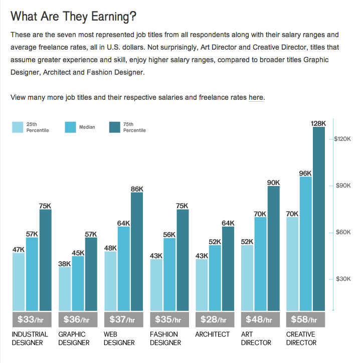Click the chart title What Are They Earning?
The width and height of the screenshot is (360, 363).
73,17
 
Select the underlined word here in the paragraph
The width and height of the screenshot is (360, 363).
256,97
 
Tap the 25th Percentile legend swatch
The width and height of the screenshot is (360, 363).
18,127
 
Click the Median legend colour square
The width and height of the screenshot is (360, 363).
71,127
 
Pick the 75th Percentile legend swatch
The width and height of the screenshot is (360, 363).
115,127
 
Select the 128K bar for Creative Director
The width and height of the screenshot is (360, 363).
319,219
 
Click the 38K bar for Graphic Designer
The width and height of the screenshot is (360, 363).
65,288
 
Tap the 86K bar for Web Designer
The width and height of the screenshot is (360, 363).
137,251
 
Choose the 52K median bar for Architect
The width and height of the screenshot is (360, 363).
215,278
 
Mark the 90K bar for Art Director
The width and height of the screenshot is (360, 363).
273,248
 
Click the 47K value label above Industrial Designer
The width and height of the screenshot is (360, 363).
19,249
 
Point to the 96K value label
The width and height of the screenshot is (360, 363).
305,173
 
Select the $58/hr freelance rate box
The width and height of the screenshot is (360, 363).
305,319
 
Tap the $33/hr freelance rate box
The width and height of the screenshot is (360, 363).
32,319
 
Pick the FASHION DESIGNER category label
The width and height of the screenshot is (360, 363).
165,338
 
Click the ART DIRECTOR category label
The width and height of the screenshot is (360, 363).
256,338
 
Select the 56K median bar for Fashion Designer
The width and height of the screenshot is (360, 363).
169,274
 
